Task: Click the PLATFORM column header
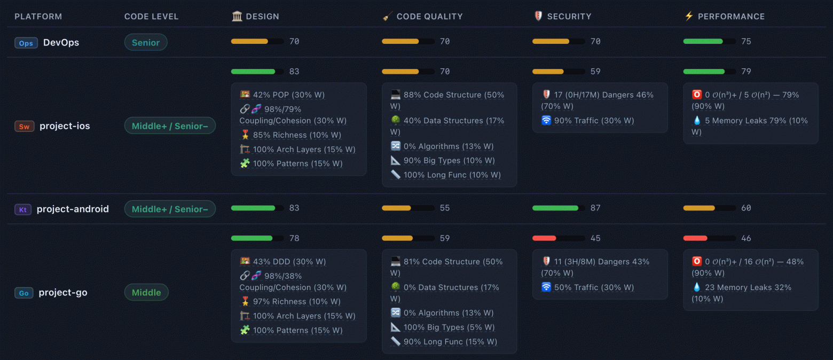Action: point(38,17)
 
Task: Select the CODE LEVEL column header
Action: point(151,17)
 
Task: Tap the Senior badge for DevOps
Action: point(146,42)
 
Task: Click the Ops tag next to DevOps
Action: point(26,43)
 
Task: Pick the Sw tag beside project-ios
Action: point(24,126)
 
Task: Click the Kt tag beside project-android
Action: point(22,209)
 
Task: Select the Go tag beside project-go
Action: point(24,293)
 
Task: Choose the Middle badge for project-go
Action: point(146,292)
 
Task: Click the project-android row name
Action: point(73,209)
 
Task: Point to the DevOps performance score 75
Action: point(746,41)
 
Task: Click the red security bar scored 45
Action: point(544,238)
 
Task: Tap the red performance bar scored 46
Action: point(695,238)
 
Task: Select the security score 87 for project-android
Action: point(595,208)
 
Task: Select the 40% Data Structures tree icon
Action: point(396,120)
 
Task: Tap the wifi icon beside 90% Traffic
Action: point(546,120)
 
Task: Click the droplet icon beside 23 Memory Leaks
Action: point(697,287)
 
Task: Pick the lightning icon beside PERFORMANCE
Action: point(689,16)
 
